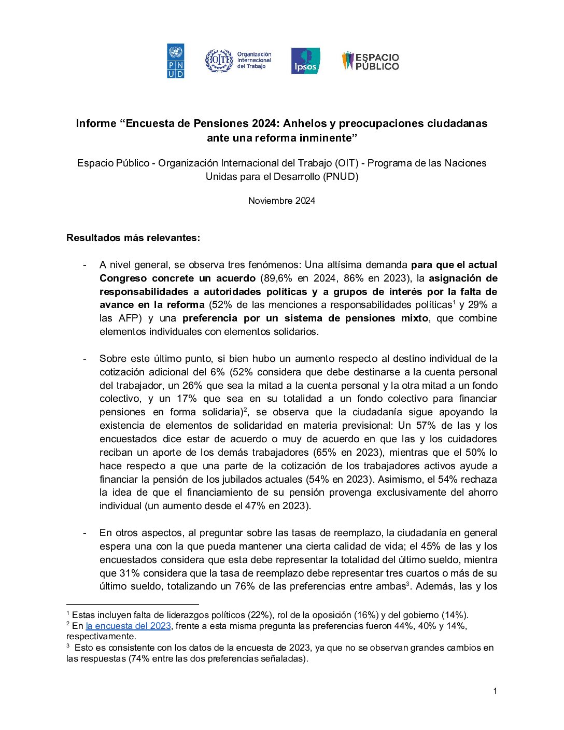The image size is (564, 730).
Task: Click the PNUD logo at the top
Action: (175, 61)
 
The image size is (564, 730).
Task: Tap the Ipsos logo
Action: (305, 61)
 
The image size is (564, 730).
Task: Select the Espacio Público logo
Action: (370, 61)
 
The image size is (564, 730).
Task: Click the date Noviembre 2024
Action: (281, 201)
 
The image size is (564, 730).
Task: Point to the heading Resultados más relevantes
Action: (133, 238)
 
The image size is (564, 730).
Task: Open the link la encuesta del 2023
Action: (128, 626)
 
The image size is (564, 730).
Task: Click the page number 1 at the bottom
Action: (495, 691)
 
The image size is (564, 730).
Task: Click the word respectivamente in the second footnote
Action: (101, 636)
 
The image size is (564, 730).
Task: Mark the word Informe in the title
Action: (96, 123)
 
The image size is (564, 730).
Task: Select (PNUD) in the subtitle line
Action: (341, 176)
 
